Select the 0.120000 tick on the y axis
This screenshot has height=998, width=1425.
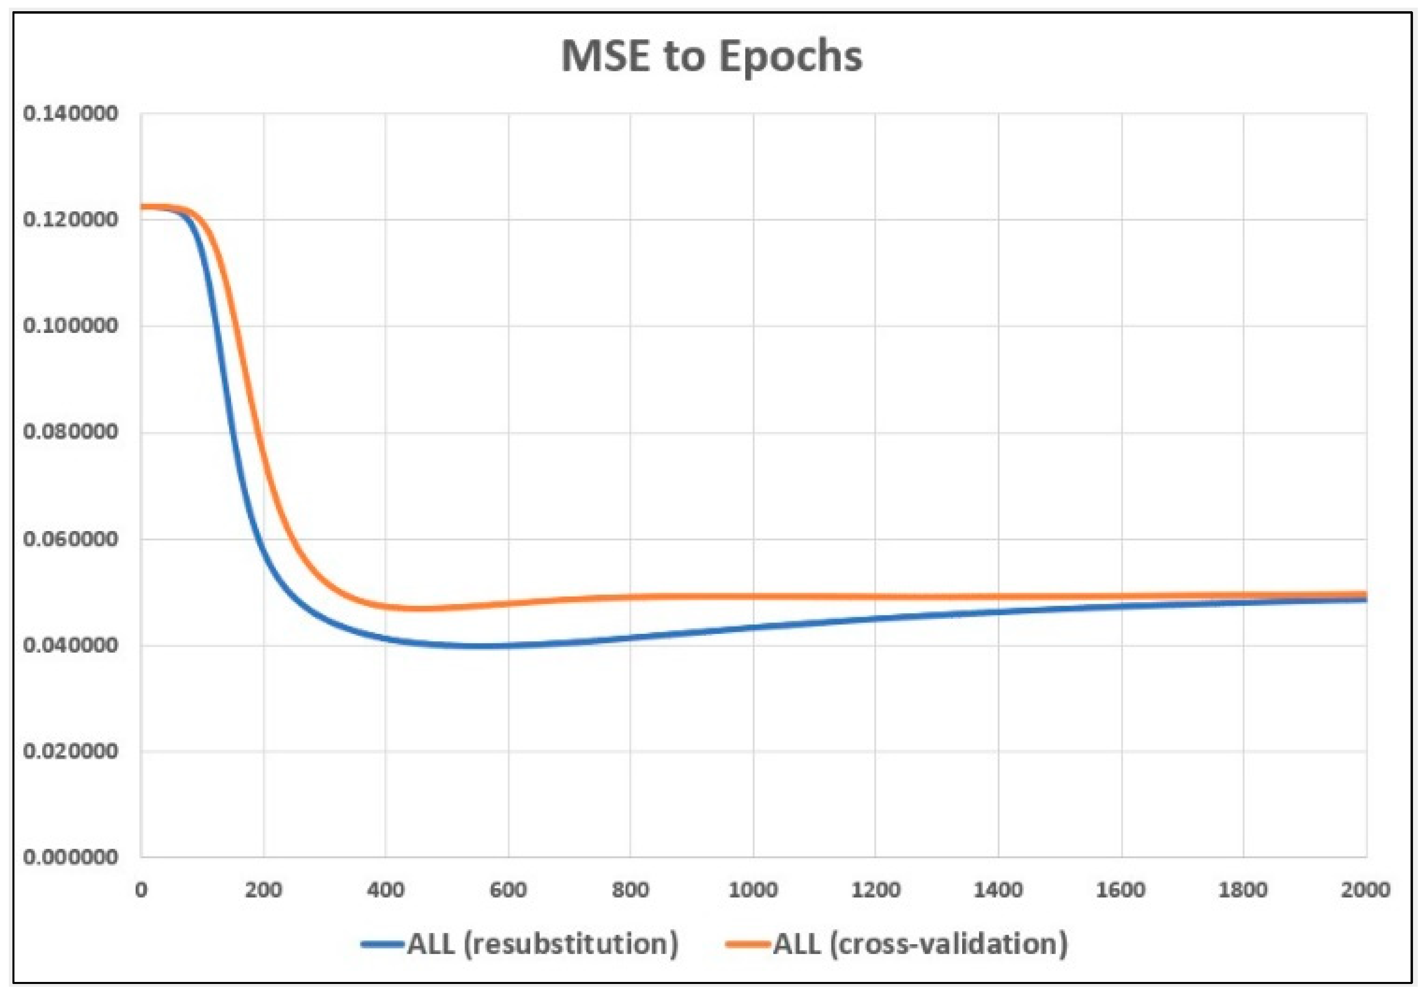click(70, 220)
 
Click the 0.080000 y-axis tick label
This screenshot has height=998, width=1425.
click(70, 432)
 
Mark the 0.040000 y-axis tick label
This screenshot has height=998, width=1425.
click(70, 645)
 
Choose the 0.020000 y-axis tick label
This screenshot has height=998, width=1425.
click(70, 751)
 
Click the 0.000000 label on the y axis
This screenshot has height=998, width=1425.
click(70, 857)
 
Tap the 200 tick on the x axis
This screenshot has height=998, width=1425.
click(263, 890)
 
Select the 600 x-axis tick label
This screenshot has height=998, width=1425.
click(508, 890)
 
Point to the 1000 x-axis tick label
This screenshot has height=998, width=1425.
click(753, 890)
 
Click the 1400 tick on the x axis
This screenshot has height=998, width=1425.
click(998, 890)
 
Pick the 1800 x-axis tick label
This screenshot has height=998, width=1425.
click(1243, 890)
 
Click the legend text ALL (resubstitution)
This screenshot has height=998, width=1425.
click(542, 944)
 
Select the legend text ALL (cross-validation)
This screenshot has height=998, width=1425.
click(920, 944)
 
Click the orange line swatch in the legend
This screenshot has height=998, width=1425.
click(748, 944)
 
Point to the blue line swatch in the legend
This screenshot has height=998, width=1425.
click(383, 944)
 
